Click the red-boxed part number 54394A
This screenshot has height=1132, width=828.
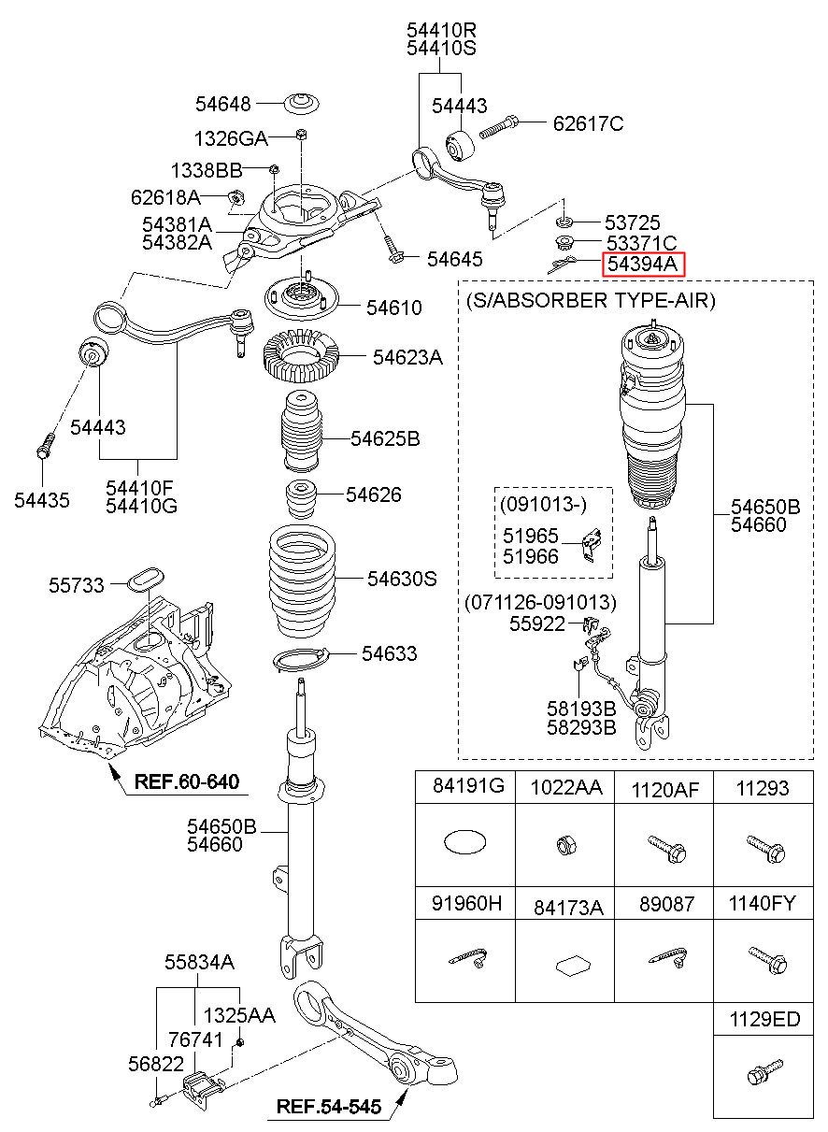click(642, 264)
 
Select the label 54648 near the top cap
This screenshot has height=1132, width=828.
click(222, 104)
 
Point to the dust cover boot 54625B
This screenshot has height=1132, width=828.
click(301, 431)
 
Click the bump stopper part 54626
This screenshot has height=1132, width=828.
click(301, 500)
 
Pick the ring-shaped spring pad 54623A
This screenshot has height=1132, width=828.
click(302, 357)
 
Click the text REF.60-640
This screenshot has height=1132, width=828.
click(186, 781)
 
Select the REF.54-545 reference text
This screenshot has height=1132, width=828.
click(328, 1107)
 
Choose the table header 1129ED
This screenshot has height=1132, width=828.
click(764, 1019)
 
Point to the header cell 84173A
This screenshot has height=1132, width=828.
click(568, 909)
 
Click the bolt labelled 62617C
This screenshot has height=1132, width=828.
click(498, 127)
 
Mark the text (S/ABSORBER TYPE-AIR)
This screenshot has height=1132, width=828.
click(590, 301)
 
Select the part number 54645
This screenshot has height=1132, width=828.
click(455, 259)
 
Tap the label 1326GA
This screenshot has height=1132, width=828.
click(231, 138)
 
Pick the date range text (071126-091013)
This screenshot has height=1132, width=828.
click(540, 602)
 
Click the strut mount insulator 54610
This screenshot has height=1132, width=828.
click(302, 301)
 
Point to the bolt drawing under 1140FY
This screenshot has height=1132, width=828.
click(767, 959)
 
